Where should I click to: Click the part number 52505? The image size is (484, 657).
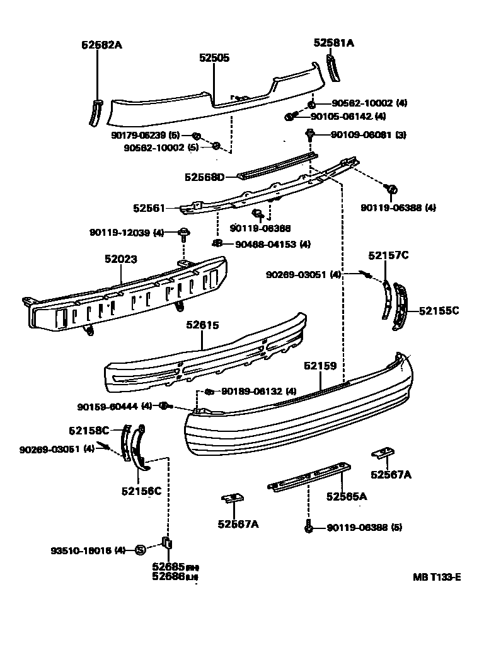[214, 57]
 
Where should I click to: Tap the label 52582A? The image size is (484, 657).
[101, 45]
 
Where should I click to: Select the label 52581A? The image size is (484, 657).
[334, 43]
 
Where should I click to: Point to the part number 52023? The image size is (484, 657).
[121, 259]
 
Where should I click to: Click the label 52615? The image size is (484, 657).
[202, 325]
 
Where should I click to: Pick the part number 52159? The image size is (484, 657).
[320, 366]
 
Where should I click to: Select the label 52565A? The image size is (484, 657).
[347, 496]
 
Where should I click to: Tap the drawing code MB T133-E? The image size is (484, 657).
[437, 576]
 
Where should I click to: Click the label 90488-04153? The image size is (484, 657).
[265, 244]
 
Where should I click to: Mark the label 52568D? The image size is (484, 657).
[204, 177]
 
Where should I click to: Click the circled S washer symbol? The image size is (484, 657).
[141, 550]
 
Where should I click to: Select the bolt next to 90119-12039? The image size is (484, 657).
[184, 234]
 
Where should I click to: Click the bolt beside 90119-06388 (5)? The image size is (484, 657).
[309, 526]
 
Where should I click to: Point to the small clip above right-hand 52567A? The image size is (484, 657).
[383, 453]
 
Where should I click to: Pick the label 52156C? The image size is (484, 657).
[141, 491]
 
